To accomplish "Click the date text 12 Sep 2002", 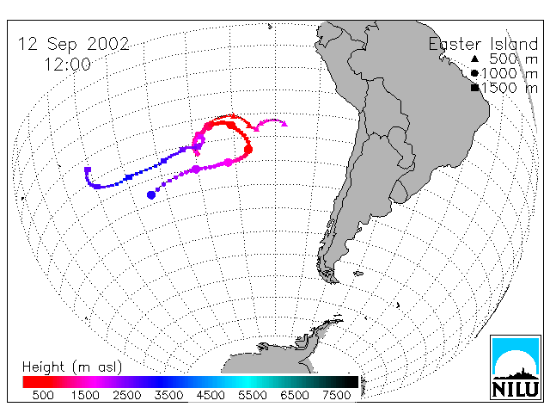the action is [73, 45].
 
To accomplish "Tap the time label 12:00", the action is [67, 65].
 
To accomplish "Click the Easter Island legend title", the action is [483, 44].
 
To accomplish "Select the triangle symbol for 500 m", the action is [474, 59].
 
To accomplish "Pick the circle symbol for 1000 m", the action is [474, 73].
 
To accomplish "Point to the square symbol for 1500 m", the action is [474, 88].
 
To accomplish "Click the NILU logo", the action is [516, 367].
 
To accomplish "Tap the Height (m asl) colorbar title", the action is [72, 367].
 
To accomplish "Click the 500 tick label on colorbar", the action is [43, 395].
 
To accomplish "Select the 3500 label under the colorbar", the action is [168, 395].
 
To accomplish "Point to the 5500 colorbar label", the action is [253, 395].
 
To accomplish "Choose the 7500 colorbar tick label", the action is [336, 395].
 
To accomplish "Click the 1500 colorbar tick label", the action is [85, 395].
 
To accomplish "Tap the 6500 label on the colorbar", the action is [295, 395].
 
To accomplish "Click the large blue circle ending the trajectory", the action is [151, 195].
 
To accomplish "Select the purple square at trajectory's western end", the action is [88, 170].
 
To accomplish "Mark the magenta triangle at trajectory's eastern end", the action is [284, 124].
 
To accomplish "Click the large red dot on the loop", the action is [248, 150].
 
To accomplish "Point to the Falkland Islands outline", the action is [358, 273].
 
